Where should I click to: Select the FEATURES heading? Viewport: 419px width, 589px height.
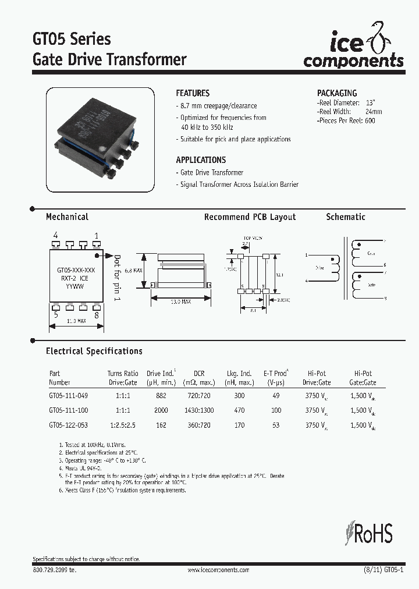[x=193, y=93]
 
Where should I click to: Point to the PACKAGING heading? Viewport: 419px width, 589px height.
[x=337, y=93]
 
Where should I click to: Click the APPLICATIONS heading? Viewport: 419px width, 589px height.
[x=201, y=159]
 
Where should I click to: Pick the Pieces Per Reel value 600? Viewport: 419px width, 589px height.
[x=370, y=120]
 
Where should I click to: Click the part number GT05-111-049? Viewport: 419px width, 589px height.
[x=69, y=395]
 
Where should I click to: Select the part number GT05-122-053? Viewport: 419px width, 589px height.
[x=69, y=425]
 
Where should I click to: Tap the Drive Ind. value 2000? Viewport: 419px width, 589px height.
[x=161, y=410]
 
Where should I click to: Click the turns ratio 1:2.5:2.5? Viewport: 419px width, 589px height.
[x=123, y=425]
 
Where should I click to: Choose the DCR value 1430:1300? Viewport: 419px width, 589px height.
[x=199, y=410]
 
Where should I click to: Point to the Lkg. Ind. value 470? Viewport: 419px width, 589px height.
[x=239, y=410]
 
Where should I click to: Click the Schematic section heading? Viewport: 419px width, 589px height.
[x=346, y=217]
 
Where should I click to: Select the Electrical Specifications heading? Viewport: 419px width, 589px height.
[x=94, y=351]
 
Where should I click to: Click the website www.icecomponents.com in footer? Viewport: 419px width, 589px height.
[x=218, y=570]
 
